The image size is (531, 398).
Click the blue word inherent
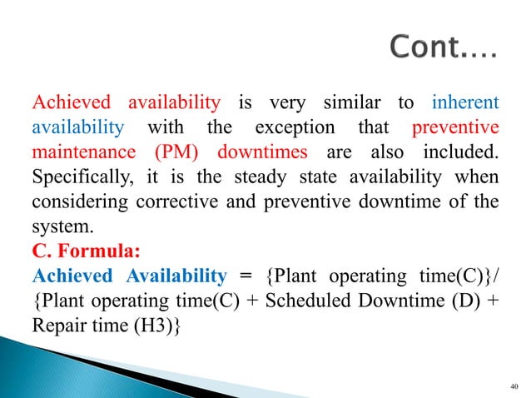tap(465, 103)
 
